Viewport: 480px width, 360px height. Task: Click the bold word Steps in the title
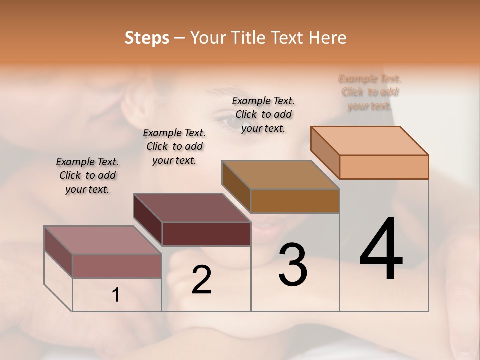(147, 38)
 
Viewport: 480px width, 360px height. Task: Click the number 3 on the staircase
(293, 264)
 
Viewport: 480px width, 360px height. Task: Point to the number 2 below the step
(201, 279)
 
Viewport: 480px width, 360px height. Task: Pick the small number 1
(116, 295)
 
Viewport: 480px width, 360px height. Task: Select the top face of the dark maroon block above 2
(192, 208)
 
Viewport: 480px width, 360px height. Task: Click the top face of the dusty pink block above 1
(103, 240)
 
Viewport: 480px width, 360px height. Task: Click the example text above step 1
(87, 175)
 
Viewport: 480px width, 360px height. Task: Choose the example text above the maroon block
(174, 146)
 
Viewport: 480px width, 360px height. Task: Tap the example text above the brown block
(263, 114)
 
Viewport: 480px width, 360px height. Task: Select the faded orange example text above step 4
(370, 92)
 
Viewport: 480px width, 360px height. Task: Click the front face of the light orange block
(384, 167)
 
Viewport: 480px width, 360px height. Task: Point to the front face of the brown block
(295, 201)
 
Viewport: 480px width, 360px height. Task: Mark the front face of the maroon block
(206, 234)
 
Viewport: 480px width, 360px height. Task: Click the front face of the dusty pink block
(117, 266)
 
